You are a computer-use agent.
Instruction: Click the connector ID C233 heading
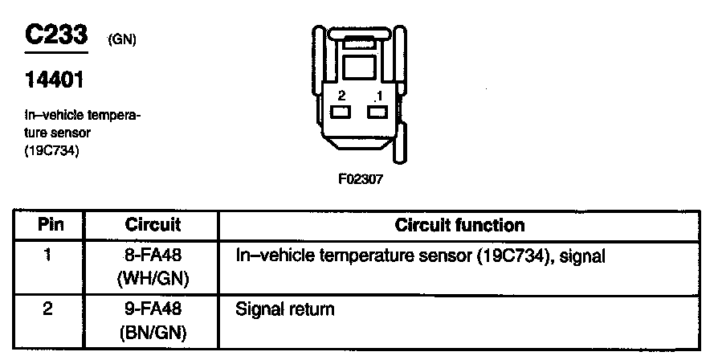(x=55, y=35)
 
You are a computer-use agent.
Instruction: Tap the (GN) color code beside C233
(x=120, y=40)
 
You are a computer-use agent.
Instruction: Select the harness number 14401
(x=55, y=81)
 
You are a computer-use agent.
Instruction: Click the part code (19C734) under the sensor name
(x=52, y=149)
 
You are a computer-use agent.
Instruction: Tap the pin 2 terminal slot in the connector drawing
(x=341, y=112)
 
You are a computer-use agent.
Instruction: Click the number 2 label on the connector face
(x=341, y=96)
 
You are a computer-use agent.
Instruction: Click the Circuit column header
(x=153, y=225)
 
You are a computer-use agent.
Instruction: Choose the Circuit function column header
(x=459, y=225)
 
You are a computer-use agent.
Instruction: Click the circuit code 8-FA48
(x=153, y=257)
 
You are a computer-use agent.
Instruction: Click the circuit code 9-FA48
(x=153, y=309)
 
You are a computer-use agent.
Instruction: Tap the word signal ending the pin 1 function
(x=582, y=257)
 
